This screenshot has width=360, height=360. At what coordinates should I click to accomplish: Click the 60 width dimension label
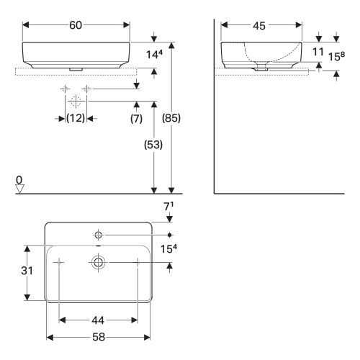(x=76, y=25)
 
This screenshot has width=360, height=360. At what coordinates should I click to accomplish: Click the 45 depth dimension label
(x=259, y=26)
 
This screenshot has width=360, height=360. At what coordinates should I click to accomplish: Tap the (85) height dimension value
(x=171, y=118)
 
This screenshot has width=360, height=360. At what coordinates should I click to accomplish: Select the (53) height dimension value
(x=153, y=145)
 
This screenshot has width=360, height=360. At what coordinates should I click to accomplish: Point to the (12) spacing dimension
(x=76, y=118)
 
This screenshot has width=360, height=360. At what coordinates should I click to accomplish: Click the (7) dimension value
(x=136, y=119)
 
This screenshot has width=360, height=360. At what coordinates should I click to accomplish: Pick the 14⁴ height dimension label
(x=154, y=55)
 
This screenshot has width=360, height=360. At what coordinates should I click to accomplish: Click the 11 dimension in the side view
(x=318, y=52)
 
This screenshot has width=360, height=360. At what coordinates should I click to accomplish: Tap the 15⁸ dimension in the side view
(x=336, y=56)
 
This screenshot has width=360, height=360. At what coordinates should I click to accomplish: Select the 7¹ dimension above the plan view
(x=168, y=207)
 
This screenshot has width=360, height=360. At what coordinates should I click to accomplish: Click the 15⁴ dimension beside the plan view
(x=168, y=249)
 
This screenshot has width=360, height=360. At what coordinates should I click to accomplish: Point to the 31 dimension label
(x=27, y=271)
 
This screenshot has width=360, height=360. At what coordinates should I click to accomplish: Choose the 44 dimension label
(x=98, y=320)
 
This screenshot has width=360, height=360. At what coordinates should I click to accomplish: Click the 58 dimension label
(x=99, y=337)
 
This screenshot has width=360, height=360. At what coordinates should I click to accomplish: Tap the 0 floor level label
(x=19, y=180)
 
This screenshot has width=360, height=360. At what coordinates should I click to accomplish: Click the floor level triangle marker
(x=19, y=189)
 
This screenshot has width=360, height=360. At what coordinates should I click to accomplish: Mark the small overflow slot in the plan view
(x=99, y=246)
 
